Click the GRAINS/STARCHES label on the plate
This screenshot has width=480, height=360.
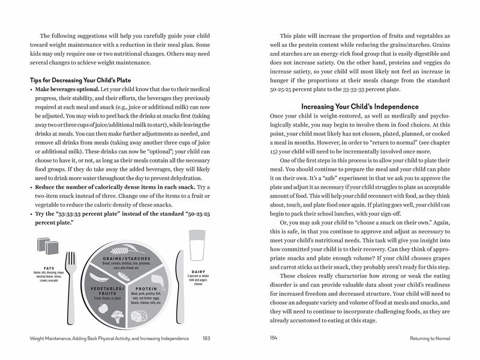click(x=126, y=258)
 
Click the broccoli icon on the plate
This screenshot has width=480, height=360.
click(x=118, y=318)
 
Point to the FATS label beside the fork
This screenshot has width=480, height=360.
click(x=49, y=268)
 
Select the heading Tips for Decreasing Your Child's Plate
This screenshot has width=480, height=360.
click(x=80, y=80)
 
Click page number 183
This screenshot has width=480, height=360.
click(x=206, y=338)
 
